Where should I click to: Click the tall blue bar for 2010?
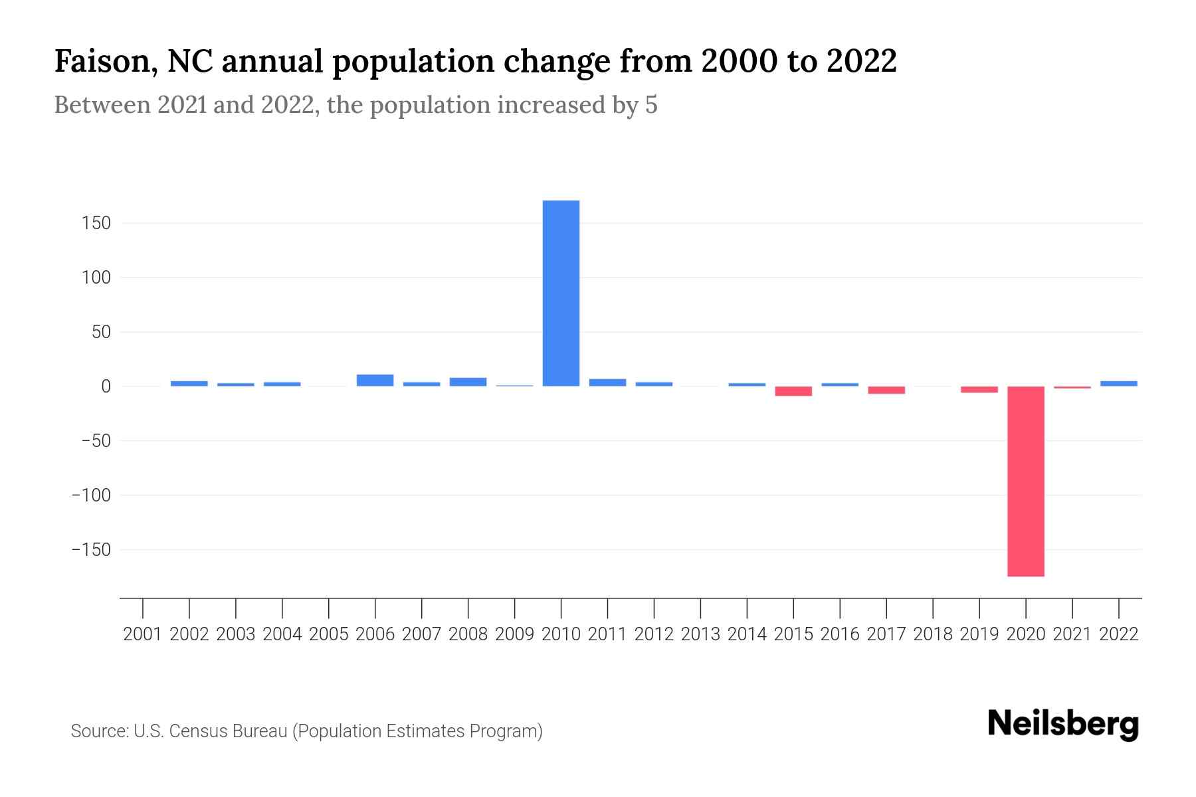pyautogui.click(x=561, y=293)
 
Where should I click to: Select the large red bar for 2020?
pyautogui.click(x=1025, y=481)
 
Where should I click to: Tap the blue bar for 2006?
pyautogui.click(x=375, y=380)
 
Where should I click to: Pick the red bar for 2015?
pyautogui.click(x=793, y=391)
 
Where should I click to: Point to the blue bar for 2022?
pyautogui.click(x=1118, y=383)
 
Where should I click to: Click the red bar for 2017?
pyautogui.click(x=886, y=390)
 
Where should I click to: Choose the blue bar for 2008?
pyautogui.click(x=468, y=381)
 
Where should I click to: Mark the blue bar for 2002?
pyautogui.click(x=189, y=383)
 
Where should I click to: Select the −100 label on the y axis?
pyautogui.click(x=91, y=495)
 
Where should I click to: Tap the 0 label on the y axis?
pyautogui.click(x=106, y=387)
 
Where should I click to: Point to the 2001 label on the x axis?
pyautogui.click(x=143, y=634)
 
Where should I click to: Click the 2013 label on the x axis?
pyautogui.click(x=700, y=634)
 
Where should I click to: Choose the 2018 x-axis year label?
pyautogui.click(x=933, y=634)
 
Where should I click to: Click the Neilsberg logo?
pyautogui.click(x=1063, y=724)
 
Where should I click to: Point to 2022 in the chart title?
pyautogui.click(x=862, y=61)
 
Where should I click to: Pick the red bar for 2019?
pyautogui.click(x=979, y=389)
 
